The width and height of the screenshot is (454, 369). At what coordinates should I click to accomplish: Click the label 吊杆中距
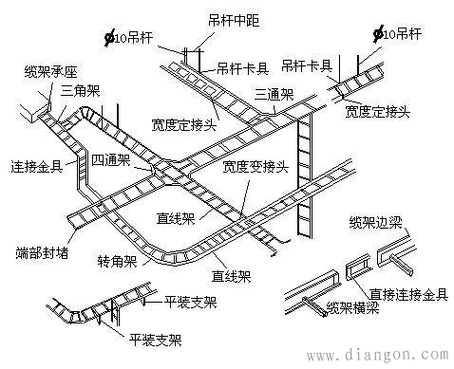tap(229, 20)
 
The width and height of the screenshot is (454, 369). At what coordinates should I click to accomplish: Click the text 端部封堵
tap(39, 254)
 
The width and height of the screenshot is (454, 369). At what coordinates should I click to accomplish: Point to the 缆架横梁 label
tap(354, 306)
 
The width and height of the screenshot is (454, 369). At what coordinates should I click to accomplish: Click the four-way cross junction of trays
tap(161, 170)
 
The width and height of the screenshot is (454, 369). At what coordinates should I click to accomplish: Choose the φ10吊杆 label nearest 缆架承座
tap(133, 37)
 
